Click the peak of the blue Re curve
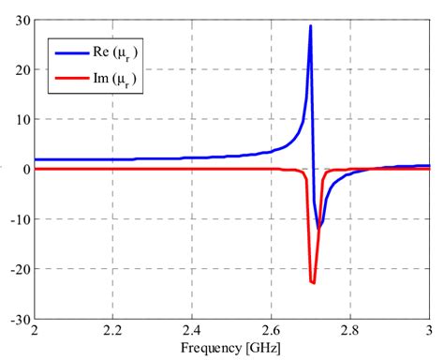click(x=310, y=26)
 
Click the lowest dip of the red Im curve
click(x=313, y=282)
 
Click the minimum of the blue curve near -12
click(x=319, y=228)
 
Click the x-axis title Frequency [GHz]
click(x=230, y=348)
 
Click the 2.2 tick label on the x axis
click(x=113, y=331)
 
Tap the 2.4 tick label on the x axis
click(x=192, y=331)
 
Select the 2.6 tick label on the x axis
click(x=271, y=331)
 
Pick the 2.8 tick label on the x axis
click(x=349, y=331)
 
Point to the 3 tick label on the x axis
click(x=428, y=331)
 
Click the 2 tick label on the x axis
click(x=35, y=331)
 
